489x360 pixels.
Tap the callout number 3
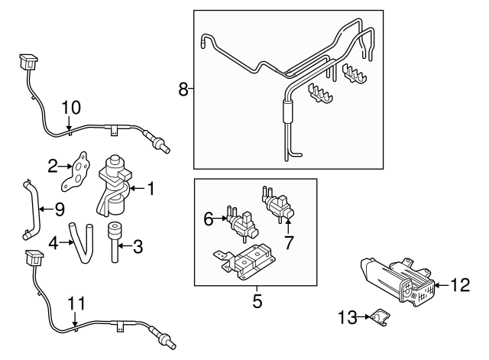(138, 246)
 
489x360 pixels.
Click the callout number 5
(257, 301)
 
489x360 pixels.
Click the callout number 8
(183, 89)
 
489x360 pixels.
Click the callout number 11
(73, 303)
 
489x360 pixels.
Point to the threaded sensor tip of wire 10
(162, 143)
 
